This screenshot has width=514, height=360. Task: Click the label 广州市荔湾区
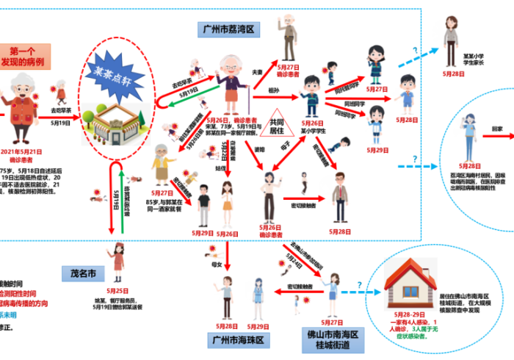point(228,29)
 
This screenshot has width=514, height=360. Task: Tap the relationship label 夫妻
point(258,72)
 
